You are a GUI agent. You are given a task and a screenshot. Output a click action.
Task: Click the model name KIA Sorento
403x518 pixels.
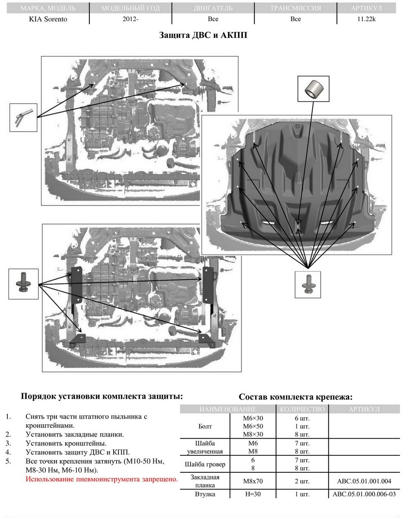tap(48, 19)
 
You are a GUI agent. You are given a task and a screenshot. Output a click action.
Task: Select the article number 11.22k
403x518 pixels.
tap(366, 19)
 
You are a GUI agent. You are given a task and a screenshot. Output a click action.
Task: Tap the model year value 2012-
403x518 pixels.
tap(130, 19)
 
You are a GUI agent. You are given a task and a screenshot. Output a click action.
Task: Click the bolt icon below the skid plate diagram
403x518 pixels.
tap(308, 284)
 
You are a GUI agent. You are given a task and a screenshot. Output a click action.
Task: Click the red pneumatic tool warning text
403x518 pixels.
tap(102, 479)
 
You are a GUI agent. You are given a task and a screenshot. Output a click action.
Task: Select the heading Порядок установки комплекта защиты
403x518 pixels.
tap(102, 396)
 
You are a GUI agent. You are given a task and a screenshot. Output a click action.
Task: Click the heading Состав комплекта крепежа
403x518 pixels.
tap(296, 397)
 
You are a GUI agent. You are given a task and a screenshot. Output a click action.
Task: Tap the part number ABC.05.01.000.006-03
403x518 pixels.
tap(364, 494)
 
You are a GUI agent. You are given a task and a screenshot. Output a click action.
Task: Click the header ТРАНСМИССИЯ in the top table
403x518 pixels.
tap(295, 8)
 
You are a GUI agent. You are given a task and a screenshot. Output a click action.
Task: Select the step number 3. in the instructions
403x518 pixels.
tap(9, 443)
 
